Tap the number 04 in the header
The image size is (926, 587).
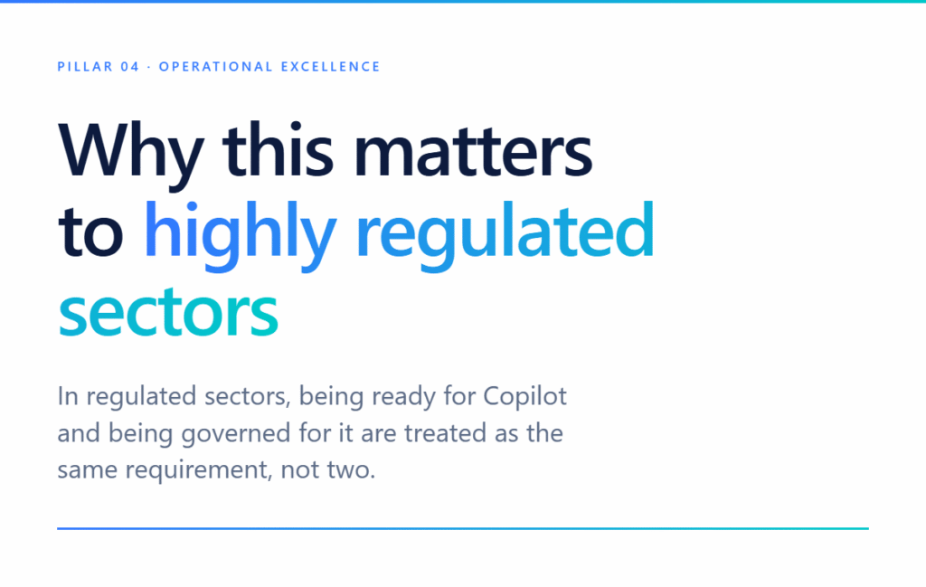(x=130, y=67)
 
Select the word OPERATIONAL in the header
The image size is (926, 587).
(x=215, y=67)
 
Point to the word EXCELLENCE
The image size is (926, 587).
(x=331, y=67)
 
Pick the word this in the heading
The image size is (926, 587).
(x=279, y=149)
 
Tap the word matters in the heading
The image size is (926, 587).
(x=473, y=151)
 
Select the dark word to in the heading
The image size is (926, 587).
(x=90, y=232)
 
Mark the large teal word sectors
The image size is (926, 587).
(x=168, y=313)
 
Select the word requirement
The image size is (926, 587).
(x=199, y=470)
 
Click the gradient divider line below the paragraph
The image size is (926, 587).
(x=463, y=528)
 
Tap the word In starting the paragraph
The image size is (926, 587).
(x=67, y=395)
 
